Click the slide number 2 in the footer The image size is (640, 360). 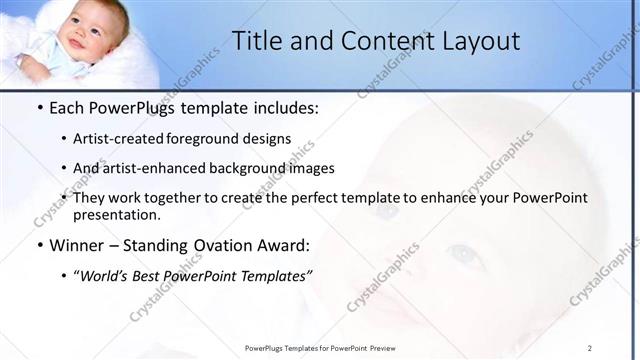pos(590,348)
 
